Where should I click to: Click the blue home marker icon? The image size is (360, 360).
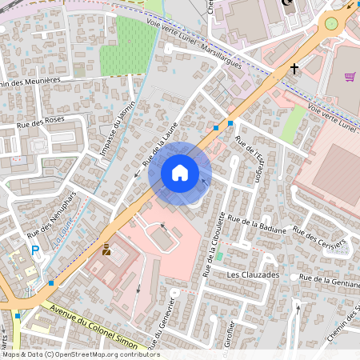coord(180,173)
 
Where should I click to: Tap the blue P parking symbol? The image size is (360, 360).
coord(35,250)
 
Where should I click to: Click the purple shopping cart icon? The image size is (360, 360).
coord(350,77)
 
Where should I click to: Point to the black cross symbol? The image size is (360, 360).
coord(294,70)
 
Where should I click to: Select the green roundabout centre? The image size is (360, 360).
coord(330,24)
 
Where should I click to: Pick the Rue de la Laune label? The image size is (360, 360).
coord(160,150)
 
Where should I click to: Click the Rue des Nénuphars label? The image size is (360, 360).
coord(51,226)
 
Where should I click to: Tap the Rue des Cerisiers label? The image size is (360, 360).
coord(319,238)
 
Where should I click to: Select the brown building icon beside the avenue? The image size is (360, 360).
coord(106,250)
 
